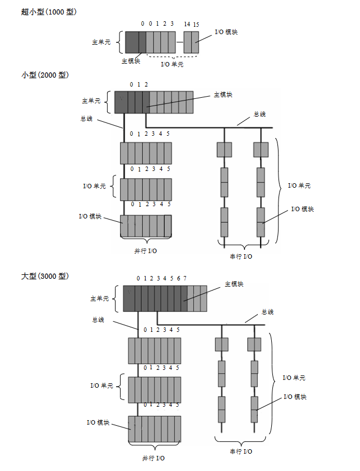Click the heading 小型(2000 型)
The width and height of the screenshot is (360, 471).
point(45,75)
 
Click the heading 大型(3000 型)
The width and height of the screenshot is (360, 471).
point(45,276)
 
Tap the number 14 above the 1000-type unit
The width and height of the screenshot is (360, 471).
point(187,24)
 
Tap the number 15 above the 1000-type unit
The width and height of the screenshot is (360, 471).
point(195,24)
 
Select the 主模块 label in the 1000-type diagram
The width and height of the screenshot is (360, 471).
point(131,61)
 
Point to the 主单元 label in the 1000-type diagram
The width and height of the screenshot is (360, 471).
point(102,42)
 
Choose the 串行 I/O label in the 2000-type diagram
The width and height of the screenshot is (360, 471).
point(242,256)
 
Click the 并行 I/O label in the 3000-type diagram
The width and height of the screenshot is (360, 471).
point(153,458)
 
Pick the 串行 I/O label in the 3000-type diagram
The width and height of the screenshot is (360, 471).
point(241,451)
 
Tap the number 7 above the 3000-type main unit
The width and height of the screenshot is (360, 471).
point(185,278)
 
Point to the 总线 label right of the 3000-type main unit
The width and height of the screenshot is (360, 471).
point(267,312)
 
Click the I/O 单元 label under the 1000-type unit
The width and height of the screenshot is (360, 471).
point(172,64)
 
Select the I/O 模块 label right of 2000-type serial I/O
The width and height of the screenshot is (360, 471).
point(303,209)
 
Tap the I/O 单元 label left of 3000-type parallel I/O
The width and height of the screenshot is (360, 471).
point(102,386)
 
